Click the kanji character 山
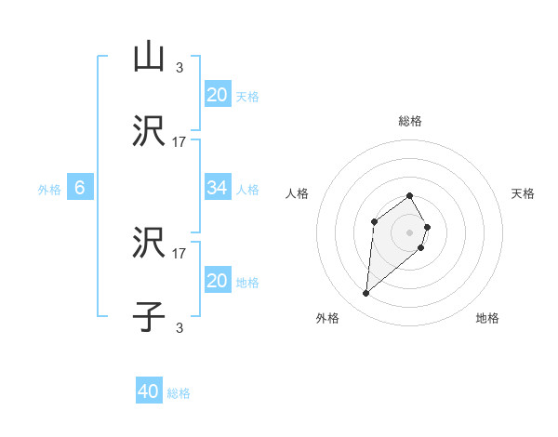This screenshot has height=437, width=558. (149, 58)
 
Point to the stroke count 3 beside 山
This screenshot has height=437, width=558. (179, 67)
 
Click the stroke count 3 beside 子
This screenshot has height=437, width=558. (179, 327)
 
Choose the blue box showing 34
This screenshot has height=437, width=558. (218, 189)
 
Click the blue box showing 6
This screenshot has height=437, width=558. (80, 189)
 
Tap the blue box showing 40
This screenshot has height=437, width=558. (149, 392)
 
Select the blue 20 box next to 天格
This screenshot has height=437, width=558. (218, 95)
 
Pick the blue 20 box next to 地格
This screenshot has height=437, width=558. (218, 281)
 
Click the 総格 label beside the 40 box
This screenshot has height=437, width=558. (179, 393)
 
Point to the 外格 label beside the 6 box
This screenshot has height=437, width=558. (49, 190)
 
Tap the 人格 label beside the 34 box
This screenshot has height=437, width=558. (247, 190)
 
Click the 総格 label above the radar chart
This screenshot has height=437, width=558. (410, 121)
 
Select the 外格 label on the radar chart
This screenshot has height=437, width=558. (327, 319)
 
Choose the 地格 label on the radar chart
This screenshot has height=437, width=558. (487, 319)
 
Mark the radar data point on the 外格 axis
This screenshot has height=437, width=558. (366, 294)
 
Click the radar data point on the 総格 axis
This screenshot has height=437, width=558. (410, 195)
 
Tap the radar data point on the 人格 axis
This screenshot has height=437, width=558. (374, 221)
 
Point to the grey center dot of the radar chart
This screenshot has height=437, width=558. (410, 232)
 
